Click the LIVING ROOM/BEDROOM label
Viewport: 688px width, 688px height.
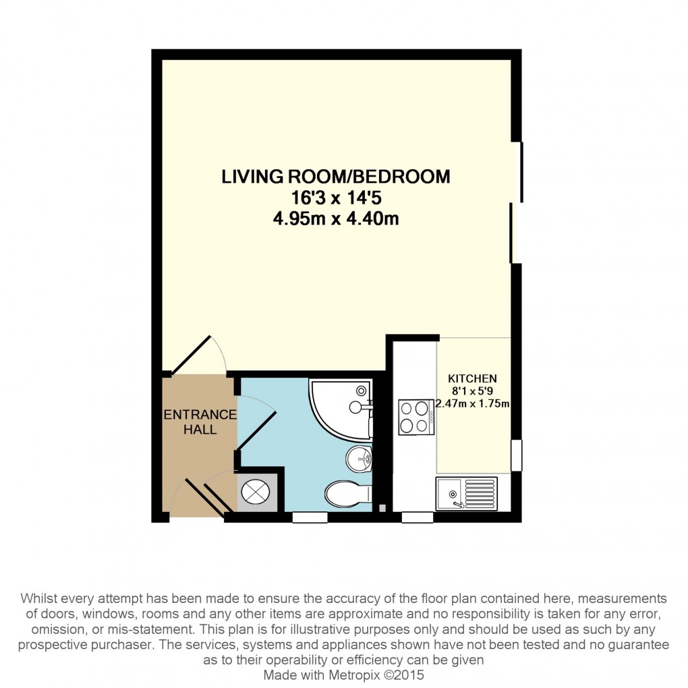coord(336,177)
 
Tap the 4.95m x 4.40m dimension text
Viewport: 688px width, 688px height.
coord(336,218)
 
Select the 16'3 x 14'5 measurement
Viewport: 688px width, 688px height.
coord(336,198)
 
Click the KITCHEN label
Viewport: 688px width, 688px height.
coord(472,378)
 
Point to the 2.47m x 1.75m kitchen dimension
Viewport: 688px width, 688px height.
coord(472,403)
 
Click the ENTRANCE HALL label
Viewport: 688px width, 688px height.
coord(200,422)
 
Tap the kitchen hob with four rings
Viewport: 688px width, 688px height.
coord(416,418)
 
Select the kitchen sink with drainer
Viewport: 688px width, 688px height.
coord(466,494)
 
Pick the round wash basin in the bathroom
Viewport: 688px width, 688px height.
coord(359,459)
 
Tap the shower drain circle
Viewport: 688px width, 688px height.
coord(361,390)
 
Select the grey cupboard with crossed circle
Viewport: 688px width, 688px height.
coord(257,492)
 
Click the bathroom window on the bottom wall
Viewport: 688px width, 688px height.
coord(310,518)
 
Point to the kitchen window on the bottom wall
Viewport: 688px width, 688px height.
coord(418,518)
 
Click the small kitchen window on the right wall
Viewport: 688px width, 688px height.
coord(517,455)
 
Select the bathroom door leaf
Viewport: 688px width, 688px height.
coord(257,430)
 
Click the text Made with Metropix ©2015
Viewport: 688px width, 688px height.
coord(343,675)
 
